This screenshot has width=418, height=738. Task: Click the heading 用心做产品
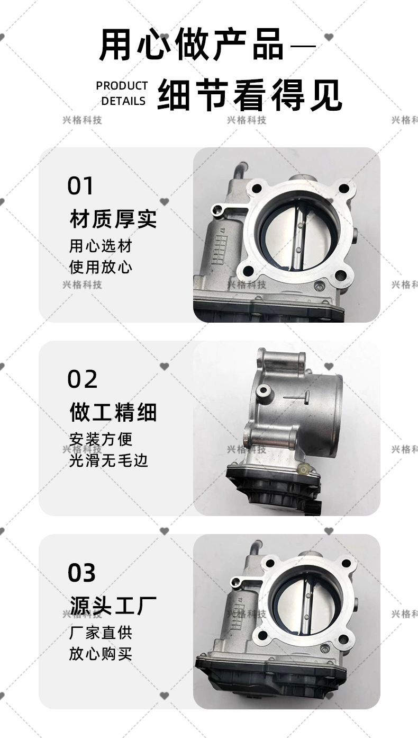tap(191, 45)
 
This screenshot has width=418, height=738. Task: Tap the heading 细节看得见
tap(250, 94)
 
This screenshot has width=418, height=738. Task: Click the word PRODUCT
tap(122, 86)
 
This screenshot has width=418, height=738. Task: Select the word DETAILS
tap(123, 101)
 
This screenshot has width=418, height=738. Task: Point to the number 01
tap(80, 186)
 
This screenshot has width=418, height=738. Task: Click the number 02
tap(83, 379)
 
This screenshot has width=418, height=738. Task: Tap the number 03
tap(81, 573)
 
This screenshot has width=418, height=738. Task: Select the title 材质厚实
tap(113, 219)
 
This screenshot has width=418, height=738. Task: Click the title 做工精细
tap(113, 412)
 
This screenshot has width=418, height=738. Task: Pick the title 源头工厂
tap(113, 605)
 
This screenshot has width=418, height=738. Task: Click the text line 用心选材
tap(101, 246)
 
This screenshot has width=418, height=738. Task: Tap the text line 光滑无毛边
tap(108, 460)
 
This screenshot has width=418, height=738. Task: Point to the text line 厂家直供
tap(101, 633)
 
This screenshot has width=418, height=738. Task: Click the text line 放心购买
tap(101, 654)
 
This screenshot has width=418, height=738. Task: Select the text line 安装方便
tap(101, 439)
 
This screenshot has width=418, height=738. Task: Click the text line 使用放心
tap(101, 267)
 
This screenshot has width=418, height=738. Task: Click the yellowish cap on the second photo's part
tap(303, 469)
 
